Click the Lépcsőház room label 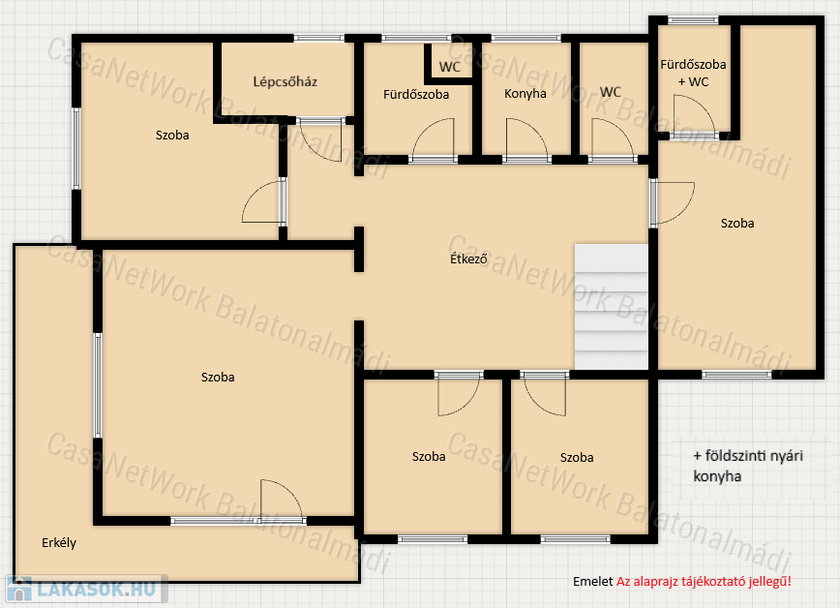tap(285, 82)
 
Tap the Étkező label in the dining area tap(468, 258)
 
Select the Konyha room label tap(525, 94)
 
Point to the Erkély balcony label tap(59, 542)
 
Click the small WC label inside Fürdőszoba tap(449, 67)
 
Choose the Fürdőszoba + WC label tap(693, 73)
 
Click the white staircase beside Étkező tap(612, 307)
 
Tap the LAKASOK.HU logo tap(87, 589)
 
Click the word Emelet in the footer tap(592, 581)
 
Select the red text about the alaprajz tap(704, 581)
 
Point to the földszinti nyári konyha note tap(748, 466)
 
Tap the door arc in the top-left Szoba tap(263, 201)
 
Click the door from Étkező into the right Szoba tap(673, 202)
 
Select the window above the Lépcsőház tap(319, 38)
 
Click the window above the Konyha tap(526, 38)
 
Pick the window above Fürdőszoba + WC tap(693, 20)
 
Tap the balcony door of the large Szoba tap(283, 501)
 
